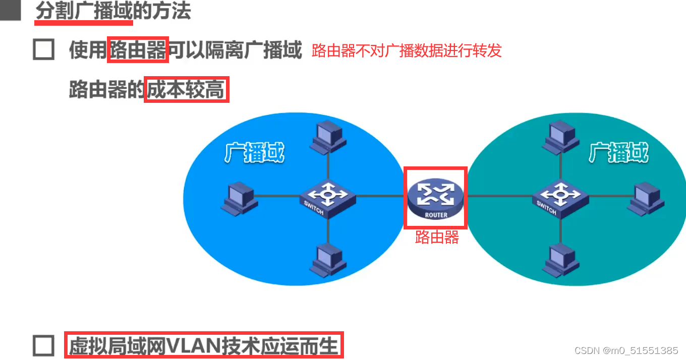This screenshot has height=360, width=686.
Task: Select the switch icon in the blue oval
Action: [328, 198]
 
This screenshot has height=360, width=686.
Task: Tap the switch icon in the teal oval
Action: [560, 198]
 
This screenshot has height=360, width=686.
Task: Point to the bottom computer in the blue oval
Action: [328, 260]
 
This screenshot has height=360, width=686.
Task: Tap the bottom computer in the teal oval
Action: [560, 259]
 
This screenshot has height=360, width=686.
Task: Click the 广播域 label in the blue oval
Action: [255, 152]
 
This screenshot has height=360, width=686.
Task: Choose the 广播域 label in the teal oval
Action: [618, 152]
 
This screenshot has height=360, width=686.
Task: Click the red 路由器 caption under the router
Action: [437, 237]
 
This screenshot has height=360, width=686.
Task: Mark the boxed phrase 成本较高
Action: [186, 90]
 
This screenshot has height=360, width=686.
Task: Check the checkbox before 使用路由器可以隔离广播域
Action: [43, 50]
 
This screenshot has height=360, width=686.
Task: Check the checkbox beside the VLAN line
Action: [43, 346]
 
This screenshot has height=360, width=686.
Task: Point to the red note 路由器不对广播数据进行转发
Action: [407, 51]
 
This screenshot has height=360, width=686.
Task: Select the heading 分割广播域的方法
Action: [113, 11]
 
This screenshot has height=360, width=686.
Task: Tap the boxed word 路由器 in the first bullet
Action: [138, 50]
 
